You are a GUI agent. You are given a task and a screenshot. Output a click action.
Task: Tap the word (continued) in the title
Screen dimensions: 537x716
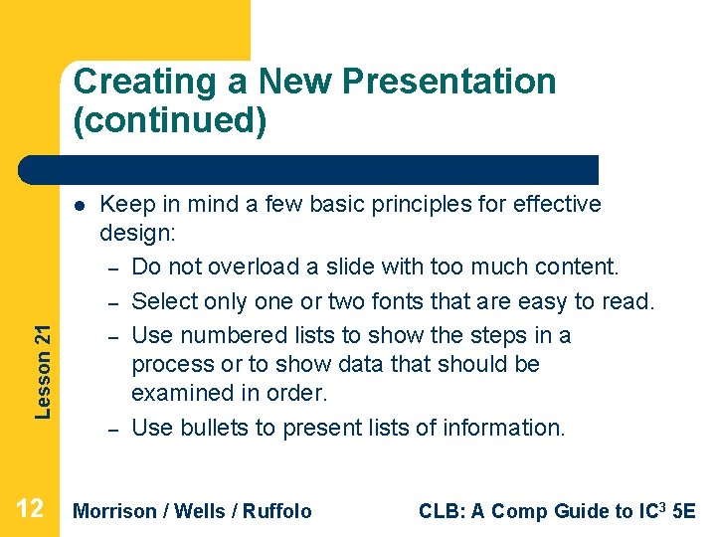170,120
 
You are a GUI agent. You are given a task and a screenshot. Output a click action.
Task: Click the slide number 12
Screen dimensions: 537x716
30,510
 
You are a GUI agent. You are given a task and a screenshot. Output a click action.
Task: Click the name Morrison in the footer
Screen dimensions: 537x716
115,511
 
